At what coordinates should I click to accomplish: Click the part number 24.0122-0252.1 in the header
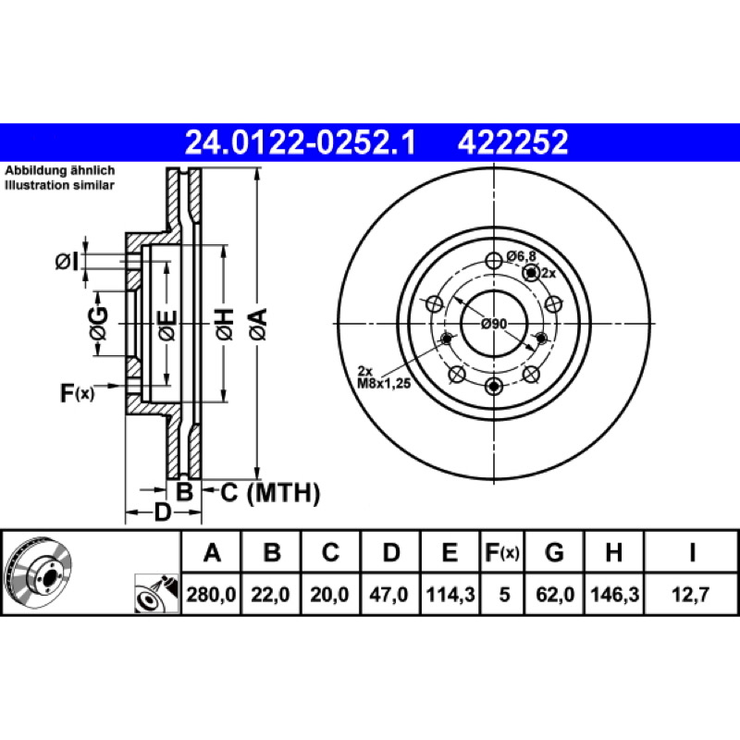[x=300, y=142]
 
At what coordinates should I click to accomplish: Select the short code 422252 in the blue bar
[x=512, y=142]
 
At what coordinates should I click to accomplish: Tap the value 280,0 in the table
[x=211, y=594]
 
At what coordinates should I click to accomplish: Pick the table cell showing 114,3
[x=450, y=594]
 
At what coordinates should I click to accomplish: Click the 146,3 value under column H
[x=614, y=594]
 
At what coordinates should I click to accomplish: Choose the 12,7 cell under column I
[x=690, y=594]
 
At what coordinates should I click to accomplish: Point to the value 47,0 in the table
[x=388, y=594]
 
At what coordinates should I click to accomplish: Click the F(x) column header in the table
[x=502, y=551]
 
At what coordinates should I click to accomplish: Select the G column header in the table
[x=554, y=551]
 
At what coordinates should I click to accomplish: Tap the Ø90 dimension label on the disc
[x=494, y=324]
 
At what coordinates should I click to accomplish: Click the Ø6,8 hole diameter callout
[x=522, y=256]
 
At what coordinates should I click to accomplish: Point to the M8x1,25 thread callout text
[x=384, y=384]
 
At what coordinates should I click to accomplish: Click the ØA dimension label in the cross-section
[x=259, y=324]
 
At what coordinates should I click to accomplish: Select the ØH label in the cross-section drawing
[x=225, y=324]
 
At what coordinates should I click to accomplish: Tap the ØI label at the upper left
[x=67, y=262]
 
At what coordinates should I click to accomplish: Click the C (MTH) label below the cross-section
[x=270, y=493]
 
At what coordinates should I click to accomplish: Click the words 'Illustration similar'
[x=59, y=185]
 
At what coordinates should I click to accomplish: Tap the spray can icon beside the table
[x=156, y=593]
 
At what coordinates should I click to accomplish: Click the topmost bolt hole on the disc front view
[x=494, y=260]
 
